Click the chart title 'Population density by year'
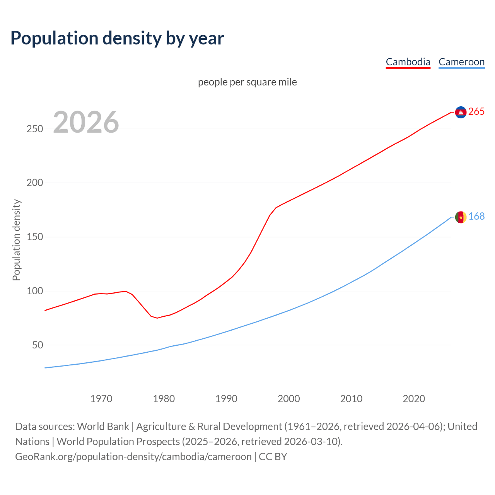click(117, 38)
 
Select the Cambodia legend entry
click(408, 62)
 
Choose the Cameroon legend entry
click(461, 62)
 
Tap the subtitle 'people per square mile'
click(247, 82)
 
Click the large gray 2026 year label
click(86, 122)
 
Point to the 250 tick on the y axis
click(34, 129)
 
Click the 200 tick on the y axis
click(34, 183)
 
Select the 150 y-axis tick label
click(34, 237)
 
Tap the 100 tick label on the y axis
click(34, 291)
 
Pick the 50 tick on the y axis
click(37, 345)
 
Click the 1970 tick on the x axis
click(101, 399)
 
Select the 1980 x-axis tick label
click(164, 399)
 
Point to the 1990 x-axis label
click(226, 399)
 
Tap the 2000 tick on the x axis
click(289, 399)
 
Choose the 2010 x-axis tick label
click(351, 399)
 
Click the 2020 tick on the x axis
click(414, 399)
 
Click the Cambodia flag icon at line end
click(461, 112)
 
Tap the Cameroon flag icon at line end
click(461, 217)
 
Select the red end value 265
click(476, 112)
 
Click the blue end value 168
click(476, 217)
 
